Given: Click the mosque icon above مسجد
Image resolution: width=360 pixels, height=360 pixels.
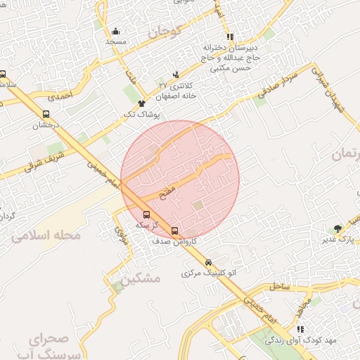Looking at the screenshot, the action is (x=115, y=31).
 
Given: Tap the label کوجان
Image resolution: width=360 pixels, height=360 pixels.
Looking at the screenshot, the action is (x=165, y=32).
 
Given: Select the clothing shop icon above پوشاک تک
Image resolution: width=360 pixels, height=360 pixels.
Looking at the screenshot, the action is (x=141, y=103).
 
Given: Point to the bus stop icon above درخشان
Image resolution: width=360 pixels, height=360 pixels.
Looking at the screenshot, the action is (x=46, y=115).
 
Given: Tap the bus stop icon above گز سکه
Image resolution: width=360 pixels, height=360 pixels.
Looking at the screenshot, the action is (x=146, y=215).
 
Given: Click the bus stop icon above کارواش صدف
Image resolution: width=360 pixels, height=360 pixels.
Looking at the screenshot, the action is (x=174, y=230).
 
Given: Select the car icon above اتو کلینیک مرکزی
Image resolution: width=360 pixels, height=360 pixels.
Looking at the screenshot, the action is (x=207, y=262).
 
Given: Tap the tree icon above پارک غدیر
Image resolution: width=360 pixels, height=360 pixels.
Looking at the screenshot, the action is (x=337, y=229).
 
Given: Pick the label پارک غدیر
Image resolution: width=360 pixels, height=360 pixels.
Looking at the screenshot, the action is (x=336, y=240).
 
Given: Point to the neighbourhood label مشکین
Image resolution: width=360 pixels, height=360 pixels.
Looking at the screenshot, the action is (x=140, y=278).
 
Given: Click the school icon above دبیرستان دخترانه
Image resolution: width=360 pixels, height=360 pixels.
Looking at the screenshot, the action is (x=229, y=37).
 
